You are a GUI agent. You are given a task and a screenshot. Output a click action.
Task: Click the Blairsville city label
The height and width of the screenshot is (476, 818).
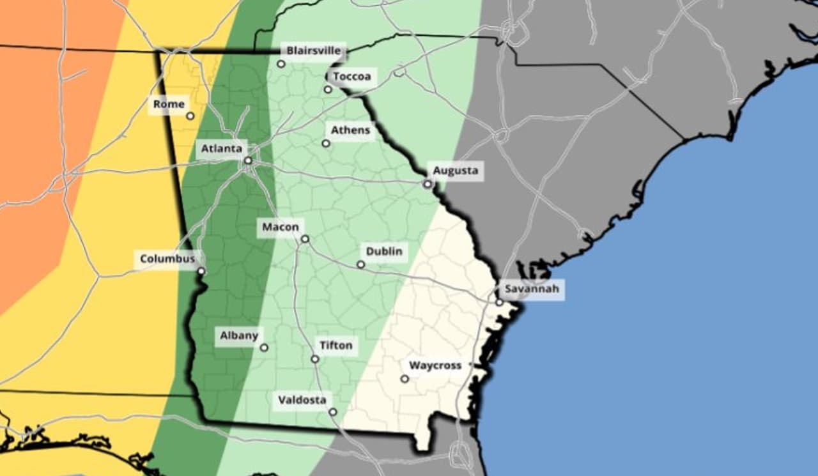(314, 50)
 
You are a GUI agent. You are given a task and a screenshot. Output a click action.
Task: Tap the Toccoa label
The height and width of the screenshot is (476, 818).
(351, 77)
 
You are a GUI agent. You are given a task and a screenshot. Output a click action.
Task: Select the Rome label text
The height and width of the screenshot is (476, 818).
(169, 104)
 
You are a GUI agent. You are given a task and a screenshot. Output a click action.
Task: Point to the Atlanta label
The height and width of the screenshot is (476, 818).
(222, 149)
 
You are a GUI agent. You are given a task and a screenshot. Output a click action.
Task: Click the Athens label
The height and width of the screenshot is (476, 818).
(350, 130)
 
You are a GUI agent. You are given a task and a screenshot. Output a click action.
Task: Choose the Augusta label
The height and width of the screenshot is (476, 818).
(455, 171)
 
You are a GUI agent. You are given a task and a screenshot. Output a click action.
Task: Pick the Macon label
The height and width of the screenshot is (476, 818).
(280, 227)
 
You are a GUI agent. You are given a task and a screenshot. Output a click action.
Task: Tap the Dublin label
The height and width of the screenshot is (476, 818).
(384, 251)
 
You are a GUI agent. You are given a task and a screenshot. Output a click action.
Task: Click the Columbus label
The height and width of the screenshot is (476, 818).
(167, 259)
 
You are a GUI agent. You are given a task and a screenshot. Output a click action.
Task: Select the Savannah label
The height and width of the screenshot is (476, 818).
(532, 289)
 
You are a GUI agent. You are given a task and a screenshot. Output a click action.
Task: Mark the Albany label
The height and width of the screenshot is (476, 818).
(239, 335)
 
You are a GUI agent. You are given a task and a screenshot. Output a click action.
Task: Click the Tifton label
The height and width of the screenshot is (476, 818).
(336, 346)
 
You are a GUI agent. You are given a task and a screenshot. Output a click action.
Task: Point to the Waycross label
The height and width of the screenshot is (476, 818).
(435, 366)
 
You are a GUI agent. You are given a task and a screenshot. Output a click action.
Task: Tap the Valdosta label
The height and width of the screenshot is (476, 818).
(302, 401)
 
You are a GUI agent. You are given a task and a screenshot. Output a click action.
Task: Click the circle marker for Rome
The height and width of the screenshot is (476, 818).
(190, 116)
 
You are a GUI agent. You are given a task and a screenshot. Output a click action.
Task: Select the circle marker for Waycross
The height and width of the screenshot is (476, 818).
(405, 379)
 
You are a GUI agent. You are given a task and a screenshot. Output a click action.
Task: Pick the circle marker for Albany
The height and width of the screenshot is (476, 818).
(264, 348)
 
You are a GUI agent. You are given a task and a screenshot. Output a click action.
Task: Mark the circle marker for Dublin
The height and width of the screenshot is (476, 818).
(360, 265)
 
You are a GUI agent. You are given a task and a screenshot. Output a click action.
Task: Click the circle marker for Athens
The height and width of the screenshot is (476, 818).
(326, 144)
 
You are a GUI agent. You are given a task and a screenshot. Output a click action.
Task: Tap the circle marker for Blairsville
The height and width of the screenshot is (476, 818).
(281, 64)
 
